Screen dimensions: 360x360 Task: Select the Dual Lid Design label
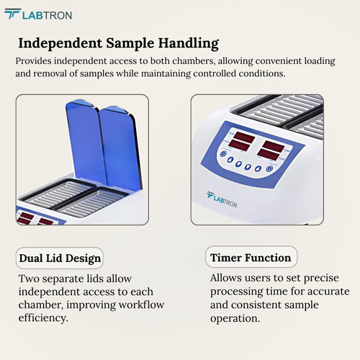point(60,258)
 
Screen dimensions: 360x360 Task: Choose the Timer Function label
point(251,257)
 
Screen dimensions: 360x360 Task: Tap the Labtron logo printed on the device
point(229,195)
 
